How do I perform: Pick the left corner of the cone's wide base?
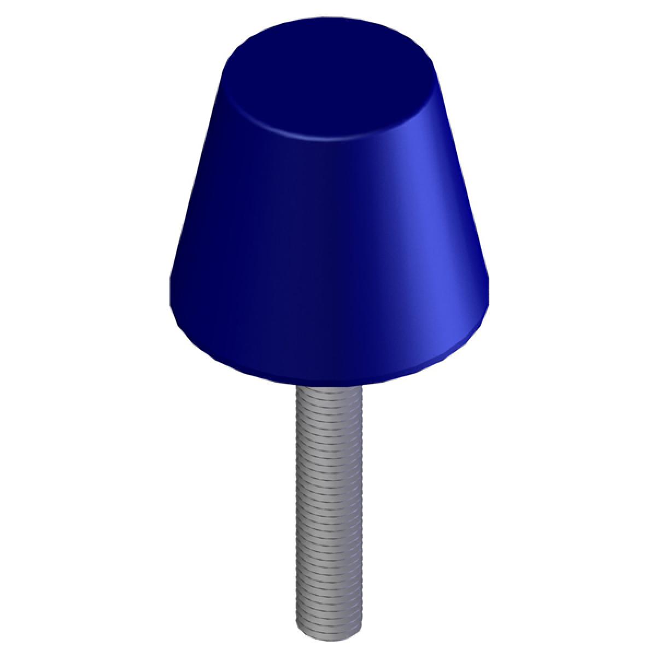pyautogui.click(x=171, y=306)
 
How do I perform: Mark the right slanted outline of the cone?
pyautogui.click(x=464, y=180)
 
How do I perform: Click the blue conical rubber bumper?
pyautogui.click(x=328, y=246)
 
